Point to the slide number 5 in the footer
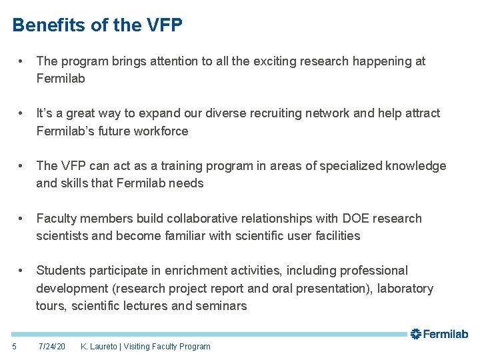point(15,346)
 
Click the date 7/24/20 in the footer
point(52,347)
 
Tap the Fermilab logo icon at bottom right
point(415,334)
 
